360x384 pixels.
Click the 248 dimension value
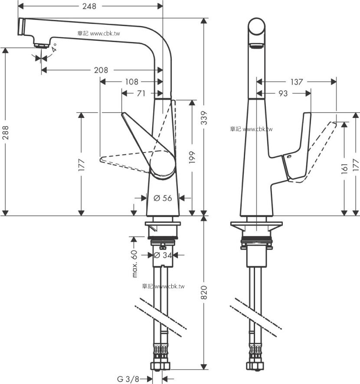pos(89,6)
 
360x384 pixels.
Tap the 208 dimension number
pos(101,70)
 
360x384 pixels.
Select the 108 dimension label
pos(132,82)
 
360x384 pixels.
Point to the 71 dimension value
pos(141,93)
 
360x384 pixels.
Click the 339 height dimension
pos(204,118)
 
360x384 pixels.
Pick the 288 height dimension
pos(5,133)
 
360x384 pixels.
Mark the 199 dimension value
pos(192,157)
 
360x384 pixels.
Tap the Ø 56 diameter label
pos(163,198)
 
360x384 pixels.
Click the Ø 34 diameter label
pos(163,255)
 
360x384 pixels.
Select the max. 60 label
pos(134,264)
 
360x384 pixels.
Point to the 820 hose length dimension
pos(204,293)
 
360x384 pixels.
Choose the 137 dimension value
pos(297,82)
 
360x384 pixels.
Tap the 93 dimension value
pos(283,93)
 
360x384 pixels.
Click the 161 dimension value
pos(344,169)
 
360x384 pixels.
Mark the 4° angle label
pos(54,48)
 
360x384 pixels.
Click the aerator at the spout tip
pos(41,46)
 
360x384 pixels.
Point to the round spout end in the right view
pos(256,26)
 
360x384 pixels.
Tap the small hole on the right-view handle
pos(289,156)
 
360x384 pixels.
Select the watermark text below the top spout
pos(99,33)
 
